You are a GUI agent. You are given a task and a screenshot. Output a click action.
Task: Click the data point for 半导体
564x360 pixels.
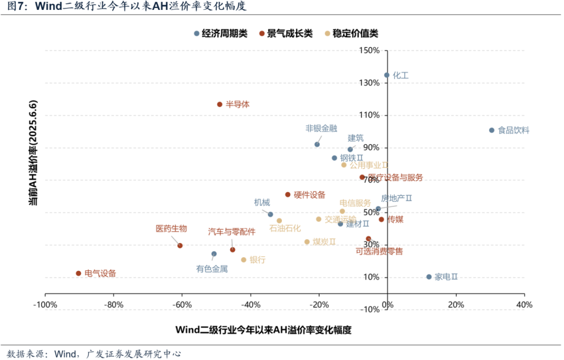pyautogui.click(x=220, y=104)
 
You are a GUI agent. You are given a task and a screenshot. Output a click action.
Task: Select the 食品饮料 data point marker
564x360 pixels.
pyautogui.click(x=491, y=130)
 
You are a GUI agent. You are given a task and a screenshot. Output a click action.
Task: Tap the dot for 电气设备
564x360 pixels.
pyautogui.click(x=78, y=273)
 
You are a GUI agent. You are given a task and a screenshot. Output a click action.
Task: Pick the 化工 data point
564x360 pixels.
pyautogui.click(x=387, y=75)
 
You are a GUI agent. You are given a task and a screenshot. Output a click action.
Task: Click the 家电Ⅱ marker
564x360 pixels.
pyautogui.click(x=429, y=277)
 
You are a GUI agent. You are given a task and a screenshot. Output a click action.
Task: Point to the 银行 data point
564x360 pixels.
pyautogui.click(x=243, y=260)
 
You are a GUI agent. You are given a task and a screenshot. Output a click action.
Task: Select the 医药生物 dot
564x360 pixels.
pyautogui.click(x=180, y=246)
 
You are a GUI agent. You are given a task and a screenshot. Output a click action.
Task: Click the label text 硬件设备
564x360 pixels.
pyautogui.click(x=309, y=195)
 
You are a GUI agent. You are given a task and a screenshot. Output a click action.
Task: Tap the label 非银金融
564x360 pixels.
pyautogui.click(x=321, y=128)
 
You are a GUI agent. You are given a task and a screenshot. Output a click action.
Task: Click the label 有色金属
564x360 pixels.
pyautogui.click(x=212, y=269)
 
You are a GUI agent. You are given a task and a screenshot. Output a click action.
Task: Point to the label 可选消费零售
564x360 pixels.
pyautogui.click(x=379, y=251)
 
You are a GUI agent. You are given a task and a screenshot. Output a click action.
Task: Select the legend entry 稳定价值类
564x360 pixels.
pyautogui.click(x=355, y=33)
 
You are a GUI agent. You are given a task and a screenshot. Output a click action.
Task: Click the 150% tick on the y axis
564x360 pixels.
pyautogui.click(x=369, y=51)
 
